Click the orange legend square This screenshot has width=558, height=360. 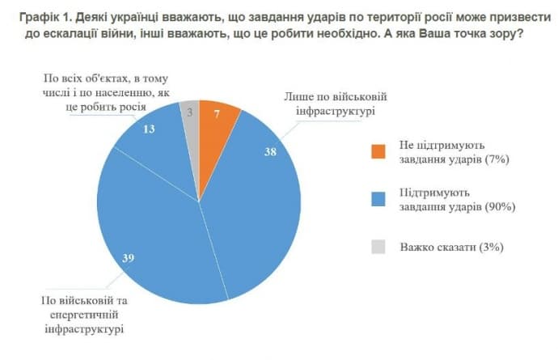click(x=378, y=151)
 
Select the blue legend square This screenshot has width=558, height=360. click(x=378, y=199)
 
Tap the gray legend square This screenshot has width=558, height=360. click(x=378, y=246)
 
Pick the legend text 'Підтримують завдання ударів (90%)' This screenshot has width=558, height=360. click(x=456, y=199)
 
